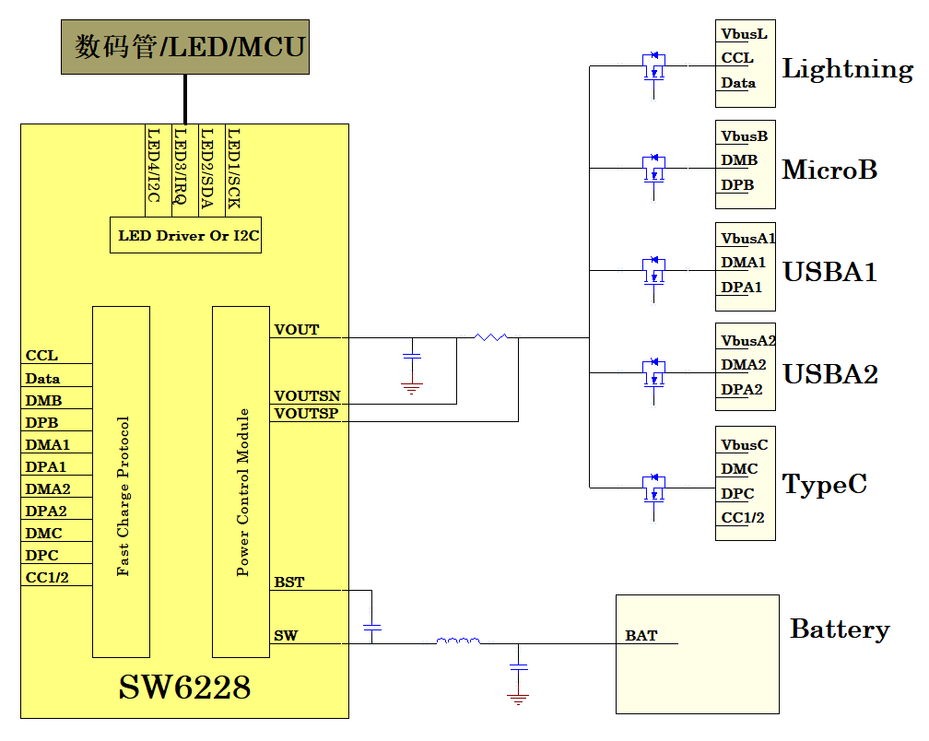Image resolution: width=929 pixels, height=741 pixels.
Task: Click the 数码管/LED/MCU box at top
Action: (x=185, y=47)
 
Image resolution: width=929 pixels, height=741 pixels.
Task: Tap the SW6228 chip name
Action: (x=184, y=688)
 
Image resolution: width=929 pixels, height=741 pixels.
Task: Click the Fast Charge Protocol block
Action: (x=122, y=482)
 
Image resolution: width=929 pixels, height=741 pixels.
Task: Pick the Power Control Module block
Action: (x=241, y=482)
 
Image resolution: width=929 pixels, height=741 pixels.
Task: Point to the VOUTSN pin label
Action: (x=307, y=396)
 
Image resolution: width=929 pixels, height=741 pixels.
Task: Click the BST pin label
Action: (x=289, y=582)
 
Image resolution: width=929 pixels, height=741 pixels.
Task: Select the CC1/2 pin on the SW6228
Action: (x=47, y=578)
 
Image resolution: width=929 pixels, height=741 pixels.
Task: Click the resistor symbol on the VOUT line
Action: (x=491, y=337)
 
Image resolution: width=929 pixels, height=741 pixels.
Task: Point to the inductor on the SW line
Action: (x=457, y=641)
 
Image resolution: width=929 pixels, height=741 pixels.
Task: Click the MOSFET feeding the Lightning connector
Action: (x=653, y=67)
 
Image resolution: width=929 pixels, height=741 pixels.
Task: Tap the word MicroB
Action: (x=829, y=170)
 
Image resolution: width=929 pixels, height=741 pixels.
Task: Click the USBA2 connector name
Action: (x=829, y=374)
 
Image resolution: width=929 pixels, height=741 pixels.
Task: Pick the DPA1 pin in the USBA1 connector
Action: (x=741, y=288)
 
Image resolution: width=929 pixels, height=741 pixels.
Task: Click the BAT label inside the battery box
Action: (x=641, y=636)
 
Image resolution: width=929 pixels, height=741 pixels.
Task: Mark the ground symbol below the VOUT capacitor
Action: (x=412, y=387)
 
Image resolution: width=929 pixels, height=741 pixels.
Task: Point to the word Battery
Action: (x=840, y=629)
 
